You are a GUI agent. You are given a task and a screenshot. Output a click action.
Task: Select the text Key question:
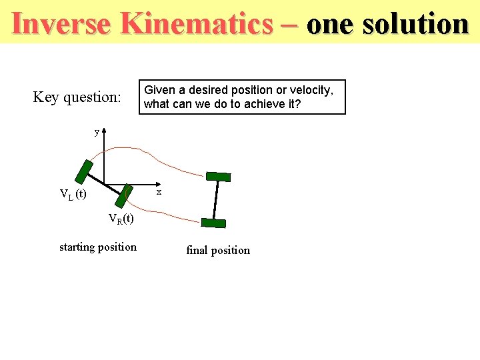pos(77,97)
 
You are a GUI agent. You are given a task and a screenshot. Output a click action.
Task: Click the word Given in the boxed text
pos(159,90)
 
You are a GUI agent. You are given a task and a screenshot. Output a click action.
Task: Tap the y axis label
pos(97,132)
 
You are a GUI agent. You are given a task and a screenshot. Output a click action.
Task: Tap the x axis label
pos(159,192)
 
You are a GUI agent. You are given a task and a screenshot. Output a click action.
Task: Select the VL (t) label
pos(73,194)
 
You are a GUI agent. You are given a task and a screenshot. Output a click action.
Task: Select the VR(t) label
pos(121,219)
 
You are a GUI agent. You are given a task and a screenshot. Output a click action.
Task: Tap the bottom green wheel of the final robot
pos(214,223)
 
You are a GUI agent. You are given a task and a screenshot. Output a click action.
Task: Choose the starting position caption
pos(98,247)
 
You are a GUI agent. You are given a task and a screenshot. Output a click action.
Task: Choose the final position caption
pos(218,251)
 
